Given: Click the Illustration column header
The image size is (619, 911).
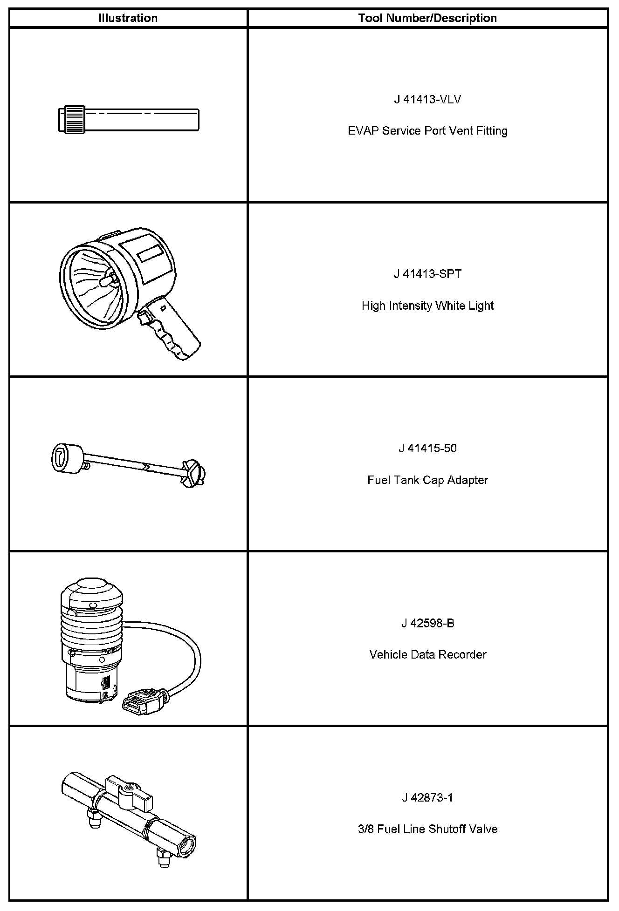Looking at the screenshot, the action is [x=128, y=18].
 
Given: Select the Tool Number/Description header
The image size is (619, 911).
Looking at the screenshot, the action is [x=427, y=18].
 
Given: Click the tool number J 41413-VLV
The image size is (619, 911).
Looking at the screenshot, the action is [x=427, y=100].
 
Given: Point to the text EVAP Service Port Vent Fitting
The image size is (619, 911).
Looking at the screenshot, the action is [x=427, y=131].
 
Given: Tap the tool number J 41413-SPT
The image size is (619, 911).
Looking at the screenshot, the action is [x=427, y=274].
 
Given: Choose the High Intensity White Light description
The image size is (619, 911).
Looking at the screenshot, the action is [x=427, y=306].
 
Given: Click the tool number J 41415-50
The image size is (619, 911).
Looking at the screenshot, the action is [x=427, y=449].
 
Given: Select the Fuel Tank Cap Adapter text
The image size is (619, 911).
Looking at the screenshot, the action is [x=427, y=480].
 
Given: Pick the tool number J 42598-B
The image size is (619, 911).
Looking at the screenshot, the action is [x=427, y=623].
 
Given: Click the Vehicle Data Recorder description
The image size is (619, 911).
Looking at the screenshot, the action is [x=427, y=654].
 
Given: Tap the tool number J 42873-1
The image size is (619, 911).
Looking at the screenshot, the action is [x=427, y=798].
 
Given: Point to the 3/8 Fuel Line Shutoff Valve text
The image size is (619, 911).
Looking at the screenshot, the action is [x=427, y=829].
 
